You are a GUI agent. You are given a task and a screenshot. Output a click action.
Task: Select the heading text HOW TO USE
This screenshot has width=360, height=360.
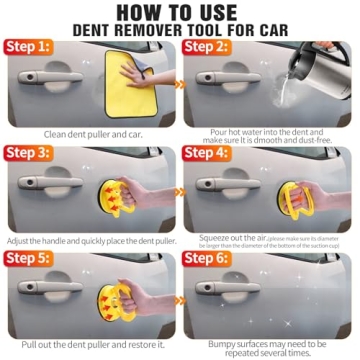tap(180, 11)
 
